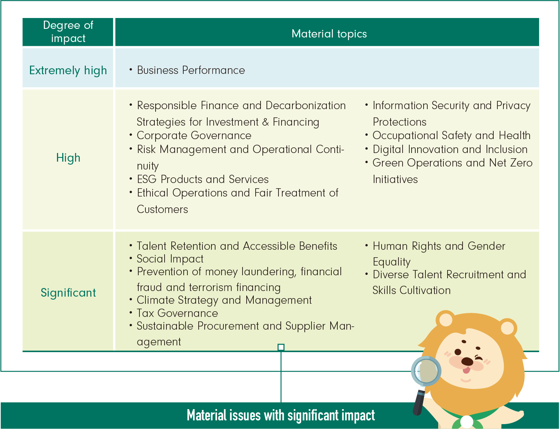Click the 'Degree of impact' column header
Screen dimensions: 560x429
(x=68, y=32)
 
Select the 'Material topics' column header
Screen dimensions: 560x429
(x=329, y=34)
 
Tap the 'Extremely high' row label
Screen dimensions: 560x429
(x=68, y=70)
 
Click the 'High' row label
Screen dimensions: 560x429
(x=68, y=157)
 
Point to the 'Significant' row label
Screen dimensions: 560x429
(x=68, y=292)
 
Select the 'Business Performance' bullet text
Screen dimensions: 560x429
(x=191, y=70)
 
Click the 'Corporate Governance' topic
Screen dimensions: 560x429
(x=194, y=135)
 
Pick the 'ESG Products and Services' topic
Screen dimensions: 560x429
(x=202, y=179)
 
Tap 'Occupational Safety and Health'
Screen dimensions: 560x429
(x=451, y=135)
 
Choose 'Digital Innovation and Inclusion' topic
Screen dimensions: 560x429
(x=450, y=149)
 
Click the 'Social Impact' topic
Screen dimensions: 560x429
(x=170, y=259)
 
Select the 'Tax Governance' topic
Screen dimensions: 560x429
(x=177, y=313)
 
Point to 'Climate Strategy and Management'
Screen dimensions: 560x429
(x=224, y=300)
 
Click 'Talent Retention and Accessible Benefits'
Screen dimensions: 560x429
(x=237, y=246)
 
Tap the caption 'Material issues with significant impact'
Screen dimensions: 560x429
(x=281, y=415)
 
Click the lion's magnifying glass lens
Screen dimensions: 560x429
(x=426, y=371)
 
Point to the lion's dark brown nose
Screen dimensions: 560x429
(x=467, y=361)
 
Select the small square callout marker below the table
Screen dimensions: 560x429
(x=281, y=347)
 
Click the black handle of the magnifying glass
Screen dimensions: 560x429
(x=419, y=402)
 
